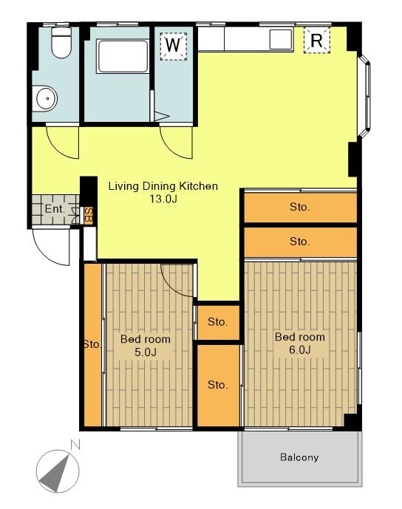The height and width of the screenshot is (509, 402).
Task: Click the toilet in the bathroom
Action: point(61,42)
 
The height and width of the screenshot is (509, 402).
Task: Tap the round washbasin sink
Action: point(45,98)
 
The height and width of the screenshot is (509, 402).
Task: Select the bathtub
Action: point(123,56)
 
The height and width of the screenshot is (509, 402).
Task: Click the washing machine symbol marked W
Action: point(173,46)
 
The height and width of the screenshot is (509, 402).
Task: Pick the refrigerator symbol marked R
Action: point(316,40)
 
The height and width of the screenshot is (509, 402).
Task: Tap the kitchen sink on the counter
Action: point(281,40)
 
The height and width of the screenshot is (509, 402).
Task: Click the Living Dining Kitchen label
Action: point(163,186)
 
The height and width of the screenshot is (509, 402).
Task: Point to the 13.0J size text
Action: point(163,199)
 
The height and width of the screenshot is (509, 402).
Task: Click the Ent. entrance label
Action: point(55,209)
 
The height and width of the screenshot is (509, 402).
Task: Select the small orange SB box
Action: point(89,215)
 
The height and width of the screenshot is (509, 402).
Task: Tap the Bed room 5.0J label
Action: point(145,346)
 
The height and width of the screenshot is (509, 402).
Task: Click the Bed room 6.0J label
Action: point(300,343)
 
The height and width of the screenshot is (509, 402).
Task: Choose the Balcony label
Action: point(299,457)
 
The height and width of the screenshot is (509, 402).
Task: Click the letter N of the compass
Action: point(75,445)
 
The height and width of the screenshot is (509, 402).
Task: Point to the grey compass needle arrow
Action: point(55,474)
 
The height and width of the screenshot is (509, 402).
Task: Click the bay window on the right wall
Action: point(364,96)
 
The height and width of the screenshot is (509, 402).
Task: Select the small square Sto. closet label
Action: point(217,322)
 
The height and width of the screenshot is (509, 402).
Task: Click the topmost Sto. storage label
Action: point(299,207)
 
